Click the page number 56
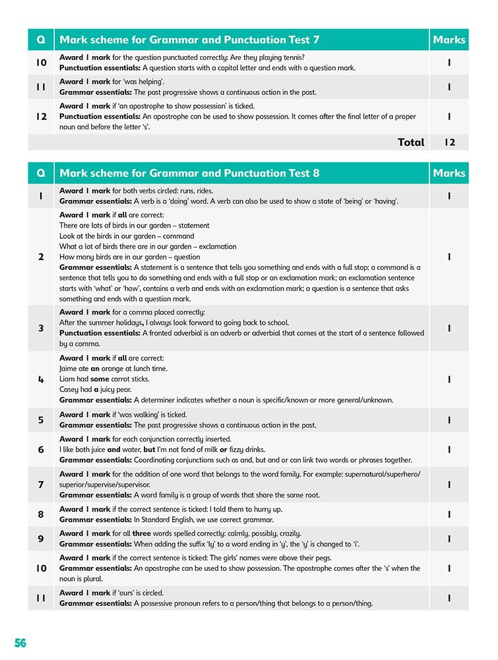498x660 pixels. pyautogui.click(x=20, y=643)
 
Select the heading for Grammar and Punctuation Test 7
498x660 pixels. pyautogui.click(x=189, y=40)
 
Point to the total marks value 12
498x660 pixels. pyautogui.click(x=449, y=142)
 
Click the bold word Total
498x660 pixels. pyautogui.click(x=411, y=142)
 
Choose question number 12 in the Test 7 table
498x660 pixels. pyautogui.click(x=41, y=116)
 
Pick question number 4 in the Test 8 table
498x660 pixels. pyautogui.click(x=41, y=379)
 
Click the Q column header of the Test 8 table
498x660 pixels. pyautogui.click(x=41, y=173)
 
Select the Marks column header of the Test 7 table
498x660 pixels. pyautogui.click(x=449, y=40)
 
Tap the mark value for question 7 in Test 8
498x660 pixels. pyautogui.click(x=449, y=484)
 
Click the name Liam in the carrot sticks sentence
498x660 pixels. pyautogui.click(x=68, y=379)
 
